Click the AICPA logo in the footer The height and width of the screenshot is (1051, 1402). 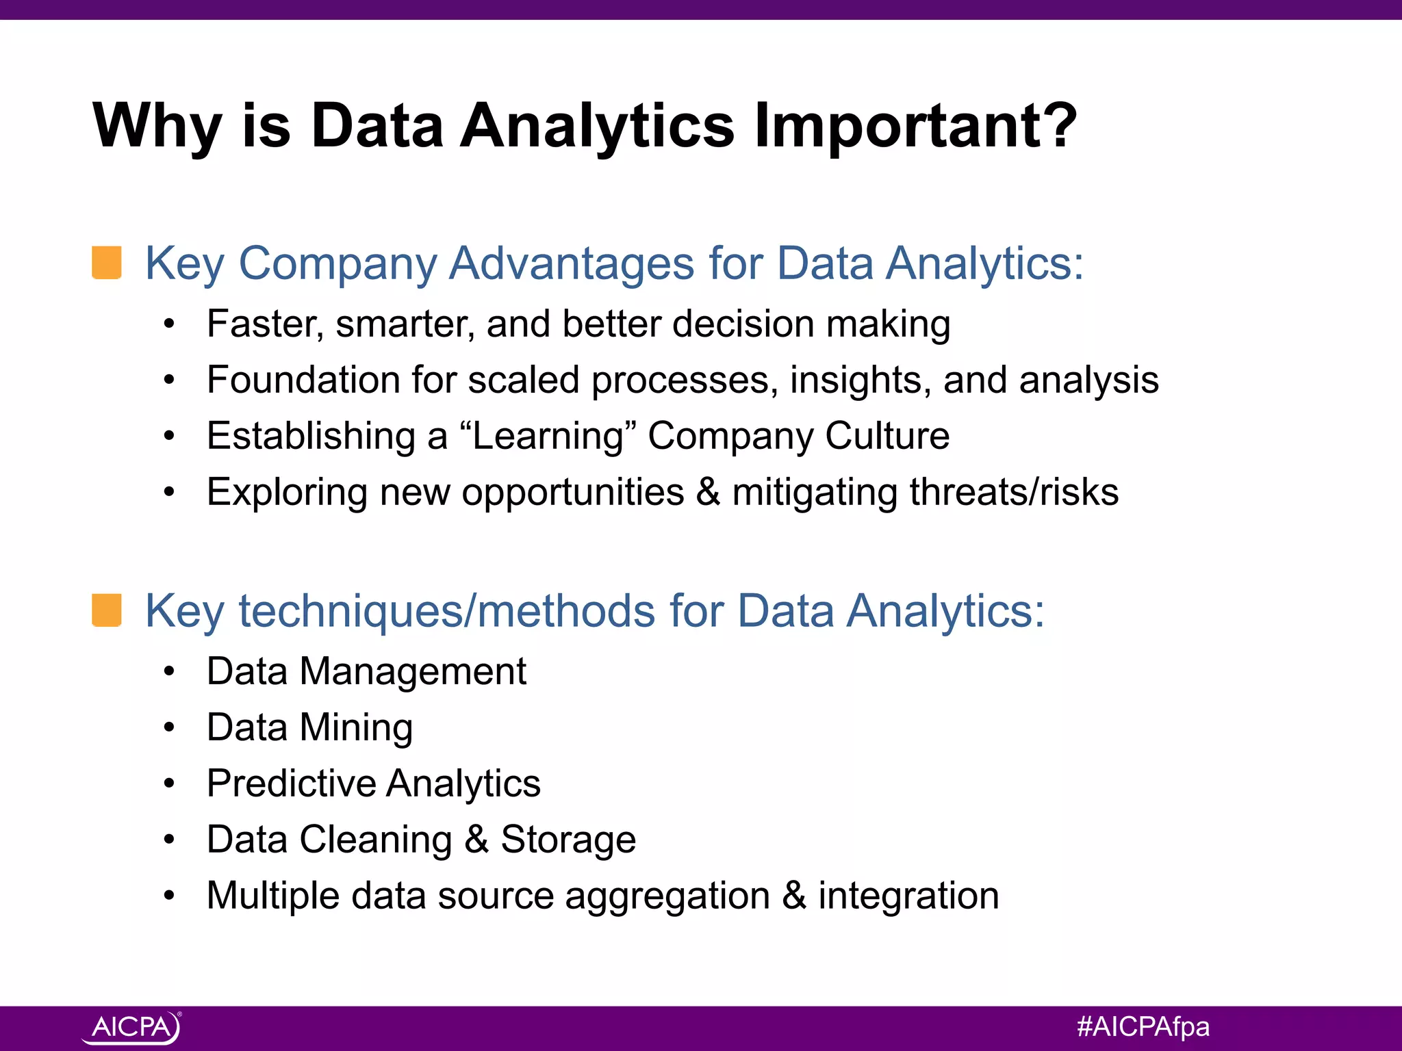(x=131, y=1027)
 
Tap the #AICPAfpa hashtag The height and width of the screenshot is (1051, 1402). (x=1143, y=1027)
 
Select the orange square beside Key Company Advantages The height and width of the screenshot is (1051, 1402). (x=107, y=263)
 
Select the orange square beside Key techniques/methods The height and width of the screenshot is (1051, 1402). (x=107, y=610)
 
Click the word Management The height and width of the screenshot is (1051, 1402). (x=413, y=671)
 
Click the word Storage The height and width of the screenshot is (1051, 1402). (x=568, y=840)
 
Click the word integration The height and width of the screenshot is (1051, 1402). (x=908, y=896)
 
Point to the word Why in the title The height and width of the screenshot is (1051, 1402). (x=157, y=127)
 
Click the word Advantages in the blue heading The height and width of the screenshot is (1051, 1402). (x=571, y=263)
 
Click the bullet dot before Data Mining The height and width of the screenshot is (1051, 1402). (x=170, y=727)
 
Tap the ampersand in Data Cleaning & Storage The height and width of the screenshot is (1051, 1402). (x=476, y=840)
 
